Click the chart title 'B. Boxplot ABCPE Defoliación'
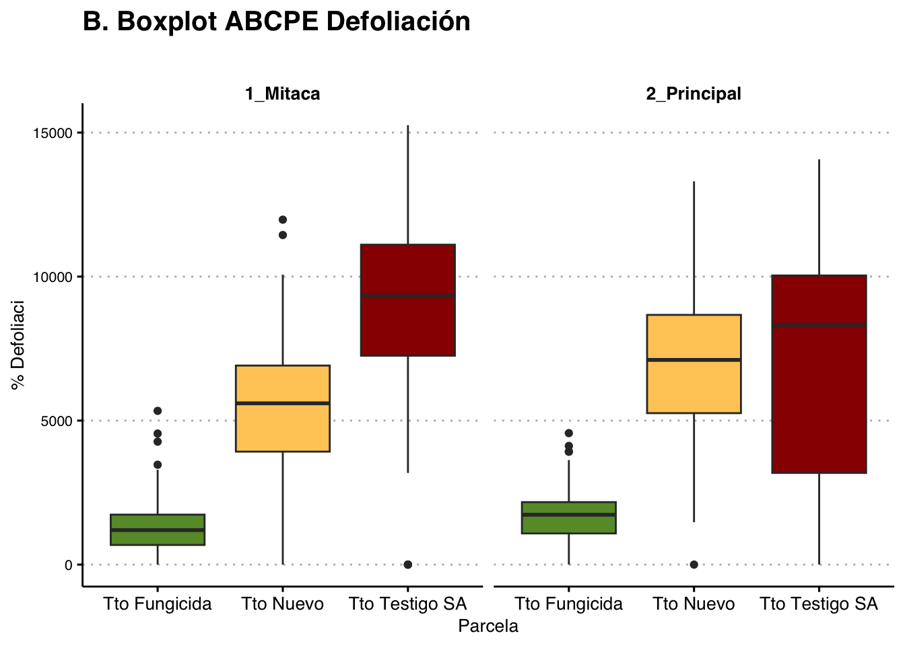[x=276, y=22]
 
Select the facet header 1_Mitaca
[x=282, y=94]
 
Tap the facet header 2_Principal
[x=694, y=94]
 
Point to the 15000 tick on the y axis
[x=55, y=133]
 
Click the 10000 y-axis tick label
[x=55, y=277]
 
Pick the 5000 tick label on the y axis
[x=58, y=421]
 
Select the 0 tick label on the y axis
[x=69, y=565]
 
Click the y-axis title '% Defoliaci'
[x=18, y=345]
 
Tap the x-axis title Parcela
[x=488, y=626]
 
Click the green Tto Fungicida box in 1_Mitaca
[x=158, y=530]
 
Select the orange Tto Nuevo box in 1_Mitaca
[x=283, y=408]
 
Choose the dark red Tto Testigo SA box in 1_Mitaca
[x=408, y=300]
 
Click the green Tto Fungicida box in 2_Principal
[x=569, y=517]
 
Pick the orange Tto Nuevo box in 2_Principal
[x=694, y=363]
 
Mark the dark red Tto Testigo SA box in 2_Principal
[x=819, y=374]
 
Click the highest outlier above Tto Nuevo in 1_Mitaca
[x=283, y=219]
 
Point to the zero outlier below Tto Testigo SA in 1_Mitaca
[x=408, y=565]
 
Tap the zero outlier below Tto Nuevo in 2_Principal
[x=694, y=565]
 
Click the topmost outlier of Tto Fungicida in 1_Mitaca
[x=158, y=410]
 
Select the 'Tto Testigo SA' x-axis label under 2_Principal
[x=819, y=604]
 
